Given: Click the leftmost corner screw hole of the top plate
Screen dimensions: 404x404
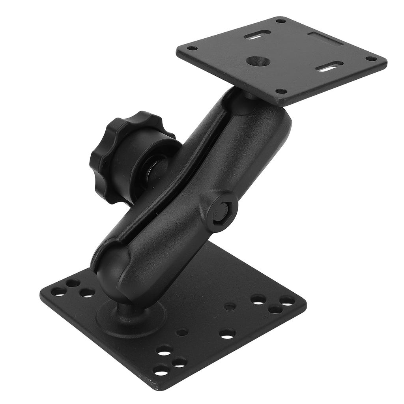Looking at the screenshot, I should [192, 49].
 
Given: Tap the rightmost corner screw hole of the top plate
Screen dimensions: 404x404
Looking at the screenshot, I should [371, 58].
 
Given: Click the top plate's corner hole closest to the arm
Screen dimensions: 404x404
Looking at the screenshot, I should [281, 91].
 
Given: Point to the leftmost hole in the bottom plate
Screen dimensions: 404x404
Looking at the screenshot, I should [59, 292].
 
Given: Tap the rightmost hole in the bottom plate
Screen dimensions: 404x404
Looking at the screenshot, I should [287, 301].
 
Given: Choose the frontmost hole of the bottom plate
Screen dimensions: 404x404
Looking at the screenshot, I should [161, 370].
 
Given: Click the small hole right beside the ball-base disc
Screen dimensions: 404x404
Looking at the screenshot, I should [181, 332].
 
